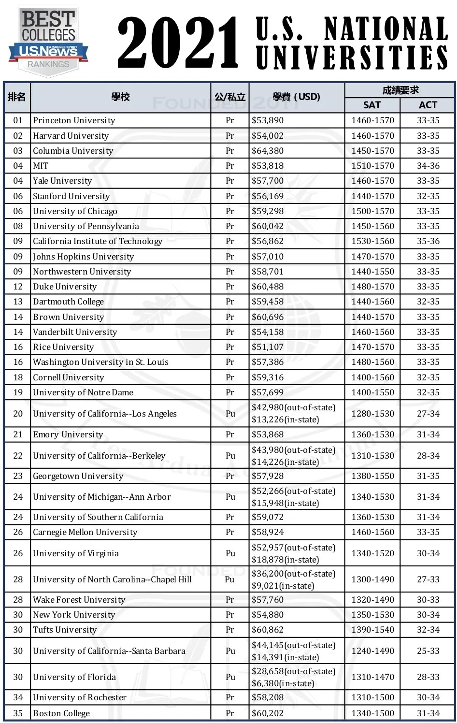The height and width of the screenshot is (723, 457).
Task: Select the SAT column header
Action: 372,105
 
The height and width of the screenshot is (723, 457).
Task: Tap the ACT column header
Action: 428,105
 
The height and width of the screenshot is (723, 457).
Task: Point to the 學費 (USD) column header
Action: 296,97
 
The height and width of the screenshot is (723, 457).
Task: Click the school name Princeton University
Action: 74,120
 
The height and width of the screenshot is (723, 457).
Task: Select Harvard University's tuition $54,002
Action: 268,136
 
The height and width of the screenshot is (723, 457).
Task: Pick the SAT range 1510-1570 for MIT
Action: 372,166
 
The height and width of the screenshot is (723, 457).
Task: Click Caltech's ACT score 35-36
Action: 428,241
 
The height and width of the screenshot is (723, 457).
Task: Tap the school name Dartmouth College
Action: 68,302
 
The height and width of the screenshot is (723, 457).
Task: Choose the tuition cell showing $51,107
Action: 268,347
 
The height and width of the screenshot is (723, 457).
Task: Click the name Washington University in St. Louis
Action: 100,362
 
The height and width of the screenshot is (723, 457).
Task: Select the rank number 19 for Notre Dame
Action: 18,392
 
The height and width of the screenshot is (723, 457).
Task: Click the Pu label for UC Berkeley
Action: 230,456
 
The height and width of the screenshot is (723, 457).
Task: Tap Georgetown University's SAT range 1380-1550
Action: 372,476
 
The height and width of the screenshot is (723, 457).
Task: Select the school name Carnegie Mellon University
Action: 85,532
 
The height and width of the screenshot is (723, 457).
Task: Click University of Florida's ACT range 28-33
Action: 428,677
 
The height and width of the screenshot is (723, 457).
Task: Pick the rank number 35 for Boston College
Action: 18,713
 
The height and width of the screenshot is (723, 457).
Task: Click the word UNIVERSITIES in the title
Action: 352,58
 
